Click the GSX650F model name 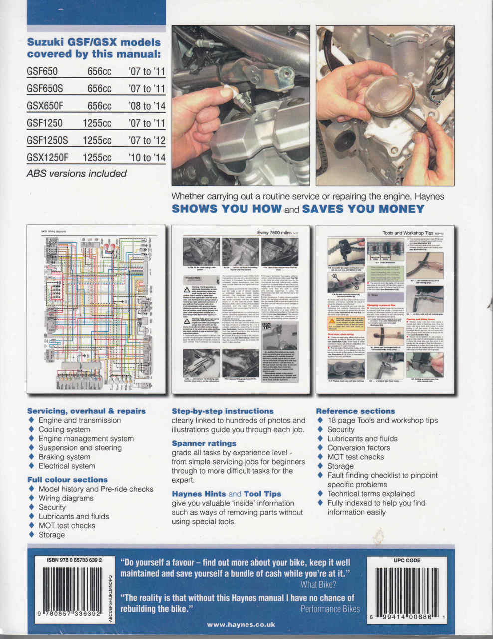(45, 106)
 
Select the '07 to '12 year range (147, 140)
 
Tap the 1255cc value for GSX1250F (97, 158)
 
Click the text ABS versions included (77, 174)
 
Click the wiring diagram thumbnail (96, 310)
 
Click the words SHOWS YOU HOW (227, 209)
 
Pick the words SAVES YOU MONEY (363, 209)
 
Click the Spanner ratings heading (204, 443)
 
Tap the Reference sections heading (356, 411)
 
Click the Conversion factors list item (358, 448)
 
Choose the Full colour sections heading (67, 480)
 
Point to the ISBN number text (74, 560)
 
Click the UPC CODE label (407, 560)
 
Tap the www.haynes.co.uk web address (241, 624)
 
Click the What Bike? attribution (318, 584)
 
